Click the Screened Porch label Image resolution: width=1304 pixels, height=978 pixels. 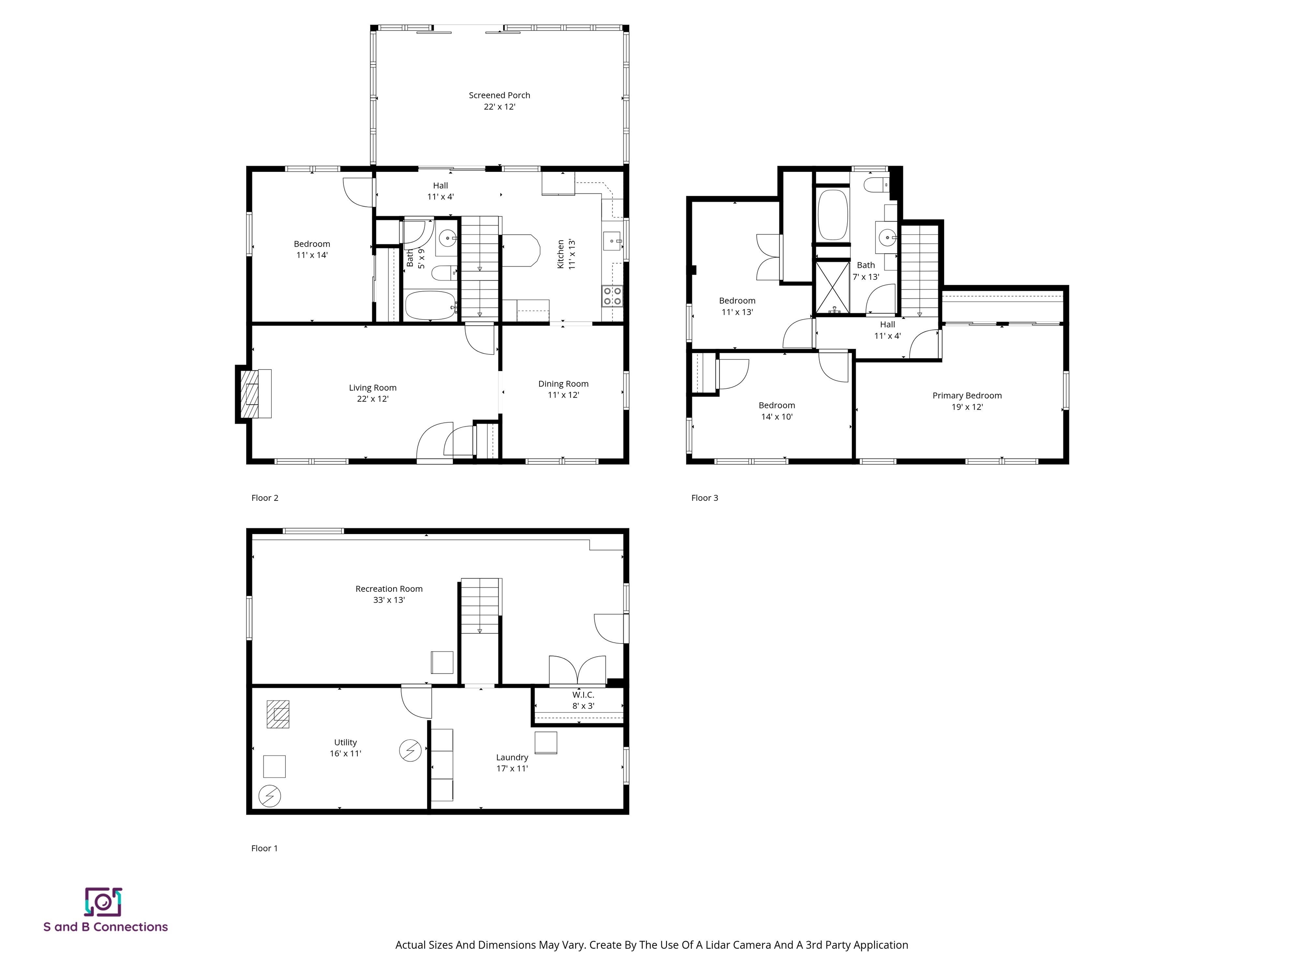pyautogui.click(x=499, y=95)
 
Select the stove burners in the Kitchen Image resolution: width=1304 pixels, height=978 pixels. pyautogui.click(x=612, y=296)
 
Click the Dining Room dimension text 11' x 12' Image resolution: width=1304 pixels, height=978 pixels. pyautogui.click(x=563, y=395)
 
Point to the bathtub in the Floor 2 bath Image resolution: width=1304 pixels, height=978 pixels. pyautogui.click(x=430, y=305)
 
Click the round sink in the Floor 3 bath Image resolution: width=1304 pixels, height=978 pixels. pyautogui.click(x=887, y=238)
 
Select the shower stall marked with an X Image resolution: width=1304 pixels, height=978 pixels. pyautogui.click(x=832, y=287)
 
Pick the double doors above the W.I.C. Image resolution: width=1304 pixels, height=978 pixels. pyautogui.click(x=577, y=671)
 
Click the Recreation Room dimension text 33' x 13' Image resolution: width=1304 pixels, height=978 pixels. pyautogui.click(x=388, y=600)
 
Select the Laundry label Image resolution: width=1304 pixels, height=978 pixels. pyautogui.click(x=511, y=758)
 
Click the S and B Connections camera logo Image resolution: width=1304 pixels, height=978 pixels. pyautogui.click(x=103, y=902)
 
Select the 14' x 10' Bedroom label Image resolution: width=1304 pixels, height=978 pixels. pyautogui.click(x=776, y=405)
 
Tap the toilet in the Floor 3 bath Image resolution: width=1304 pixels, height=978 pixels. pyautogui.click(x=876, y=185)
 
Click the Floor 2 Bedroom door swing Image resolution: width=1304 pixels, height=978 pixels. pyautogui.click(x=357, y=193)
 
